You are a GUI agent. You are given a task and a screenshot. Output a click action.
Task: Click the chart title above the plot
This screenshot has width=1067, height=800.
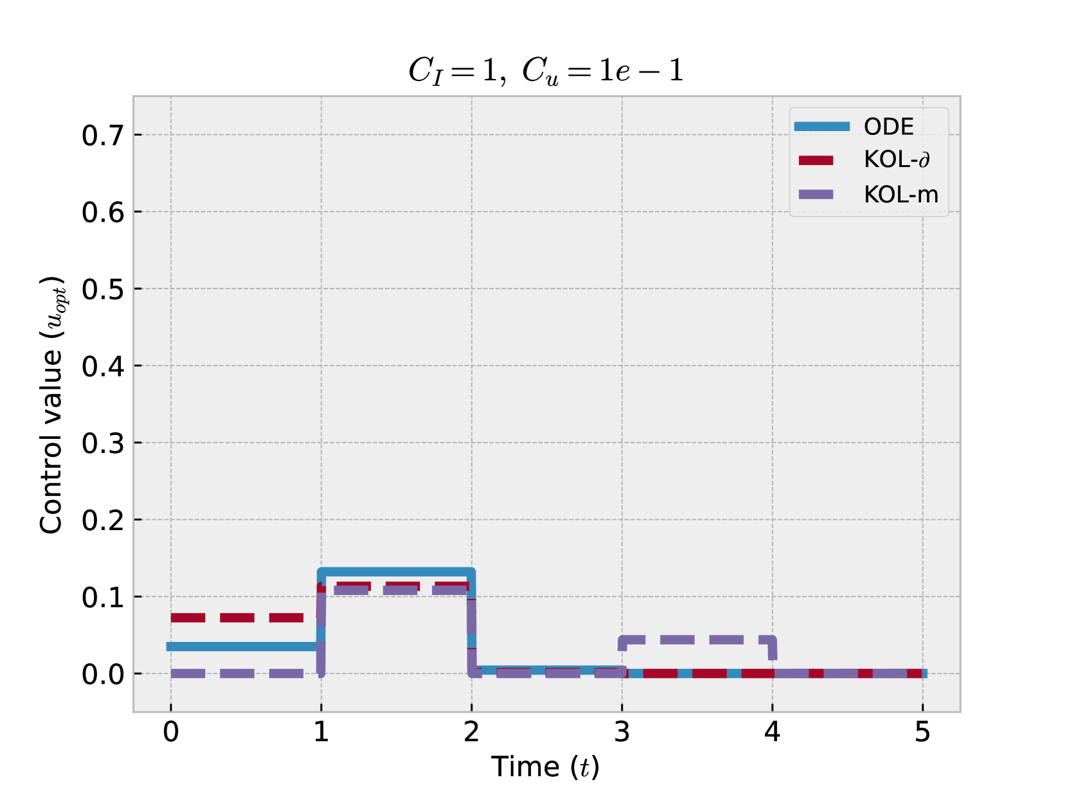coord(546,70)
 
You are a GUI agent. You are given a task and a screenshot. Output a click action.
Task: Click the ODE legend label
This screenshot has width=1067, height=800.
coord(888,127)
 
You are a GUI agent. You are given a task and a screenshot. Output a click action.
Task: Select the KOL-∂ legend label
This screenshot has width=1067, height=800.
coord(897,159)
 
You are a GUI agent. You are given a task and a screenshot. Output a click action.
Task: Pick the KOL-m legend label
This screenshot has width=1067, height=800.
coord(901,194)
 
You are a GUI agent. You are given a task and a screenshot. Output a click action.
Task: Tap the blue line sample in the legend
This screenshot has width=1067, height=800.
coord(821,127)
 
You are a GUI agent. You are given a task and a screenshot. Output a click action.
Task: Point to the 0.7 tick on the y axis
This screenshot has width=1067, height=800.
coord(103,136)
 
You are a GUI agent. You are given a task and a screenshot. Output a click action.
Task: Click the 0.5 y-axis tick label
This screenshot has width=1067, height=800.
coord(103,289)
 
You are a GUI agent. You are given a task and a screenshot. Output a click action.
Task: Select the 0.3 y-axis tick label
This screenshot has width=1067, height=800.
coord(103,443)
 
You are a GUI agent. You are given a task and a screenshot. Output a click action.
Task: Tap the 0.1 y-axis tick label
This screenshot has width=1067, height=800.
coord(103,598)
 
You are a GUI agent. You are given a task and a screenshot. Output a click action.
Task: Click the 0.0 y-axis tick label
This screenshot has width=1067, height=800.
coord(103,675)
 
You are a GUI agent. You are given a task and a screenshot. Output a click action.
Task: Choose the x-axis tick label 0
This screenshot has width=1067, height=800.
coord(171,732)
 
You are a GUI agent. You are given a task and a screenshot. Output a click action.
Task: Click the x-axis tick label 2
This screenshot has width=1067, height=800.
coord(472,732)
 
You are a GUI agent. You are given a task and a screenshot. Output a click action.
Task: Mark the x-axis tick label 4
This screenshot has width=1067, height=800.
coord(773,732)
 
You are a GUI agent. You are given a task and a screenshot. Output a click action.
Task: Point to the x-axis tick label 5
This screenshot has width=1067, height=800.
coord(923,732)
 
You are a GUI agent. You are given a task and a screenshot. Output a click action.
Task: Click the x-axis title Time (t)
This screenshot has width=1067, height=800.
coord(546,767)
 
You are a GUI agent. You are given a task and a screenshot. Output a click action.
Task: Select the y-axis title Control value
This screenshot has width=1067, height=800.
coord(52,405)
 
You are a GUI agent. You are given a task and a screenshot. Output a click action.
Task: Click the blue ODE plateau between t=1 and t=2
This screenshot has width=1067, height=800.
coord(397,572)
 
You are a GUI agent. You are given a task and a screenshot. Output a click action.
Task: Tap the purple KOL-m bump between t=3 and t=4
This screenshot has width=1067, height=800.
coord(697,640)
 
